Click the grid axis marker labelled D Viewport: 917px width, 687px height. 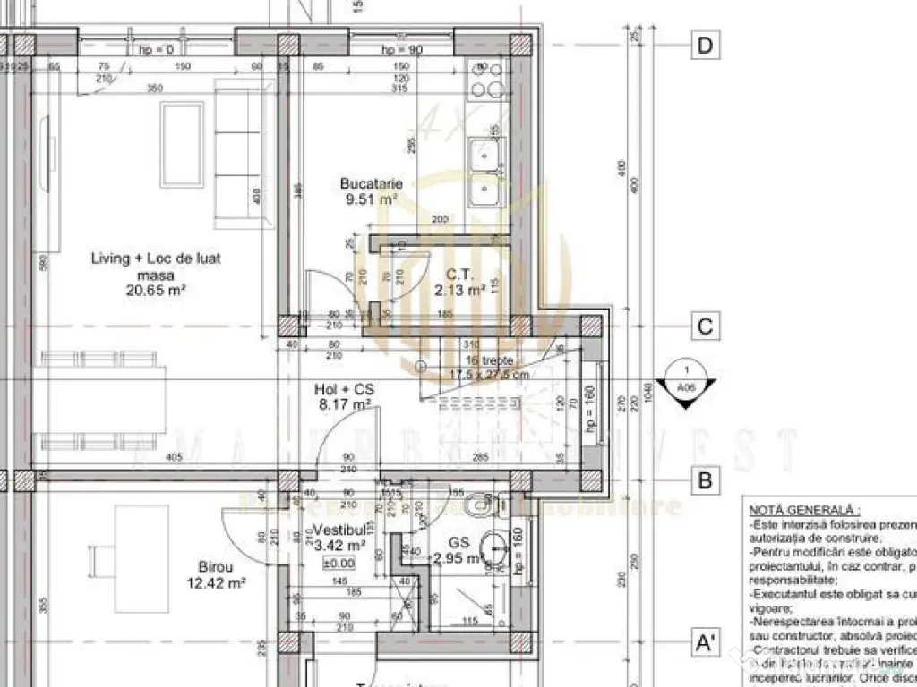pyautogui.click(x=706, y=46)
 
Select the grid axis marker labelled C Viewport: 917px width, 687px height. pyautogui.click(x=706, y=327)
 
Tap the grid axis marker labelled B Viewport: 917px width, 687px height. pyautogui.click(x=706, y=481)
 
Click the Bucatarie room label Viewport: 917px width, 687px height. pyautogui.click(x=371, y=184)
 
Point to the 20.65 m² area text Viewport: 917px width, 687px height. pyautogui.click(x=156, y=290)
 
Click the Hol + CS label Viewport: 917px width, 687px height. pyautogui.click(x=344, y=390)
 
